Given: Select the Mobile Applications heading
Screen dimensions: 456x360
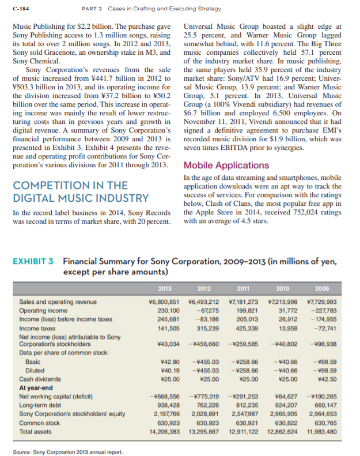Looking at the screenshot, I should coord(226,165).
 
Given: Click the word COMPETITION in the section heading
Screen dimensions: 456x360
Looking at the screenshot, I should coord(52,185).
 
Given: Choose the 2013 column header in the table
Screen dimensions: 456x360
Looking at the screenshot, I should coord(165,288).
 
